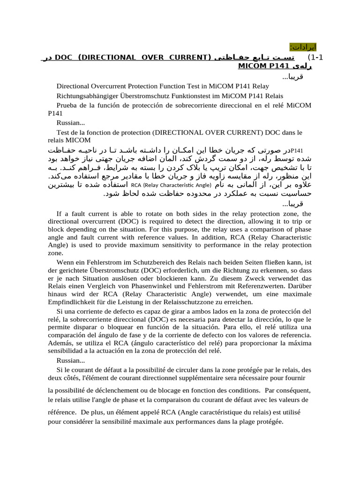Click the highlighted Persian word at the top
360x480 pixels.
point(303,47)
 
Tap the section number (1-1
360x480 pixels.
point(313,57)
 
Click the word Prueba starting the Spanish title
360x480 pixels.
point(67,105)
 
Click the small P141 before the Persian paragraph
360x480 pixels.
point(297,150)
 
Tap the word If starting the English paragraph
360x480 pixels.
point(59,214)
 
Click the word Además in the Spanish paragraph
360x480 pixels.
point(60,343)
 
